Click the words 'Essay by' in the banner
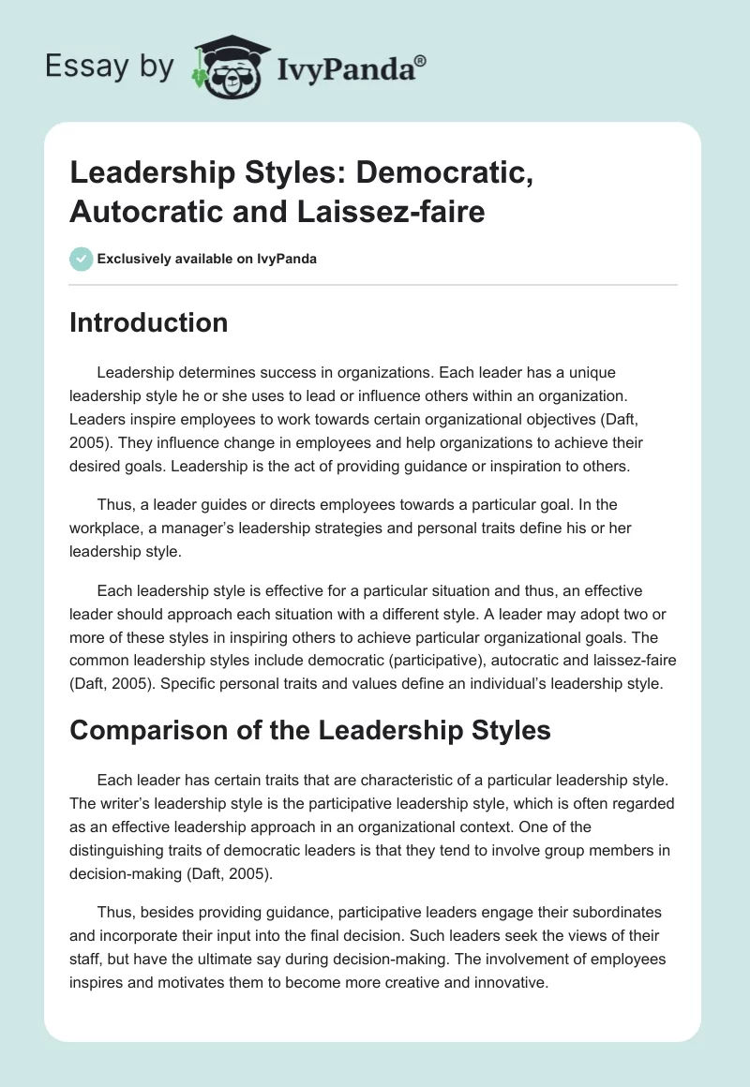[x=111, y=67]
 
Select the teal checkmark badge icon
[x=82, y=259]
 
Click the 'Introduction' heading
[x=149, y=323]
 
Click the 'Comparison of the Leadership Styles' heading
[x=310, y=731]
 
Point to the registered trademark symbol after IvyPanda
[x=421, y=59]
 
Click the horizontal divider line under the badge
[x=374, y=284]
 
